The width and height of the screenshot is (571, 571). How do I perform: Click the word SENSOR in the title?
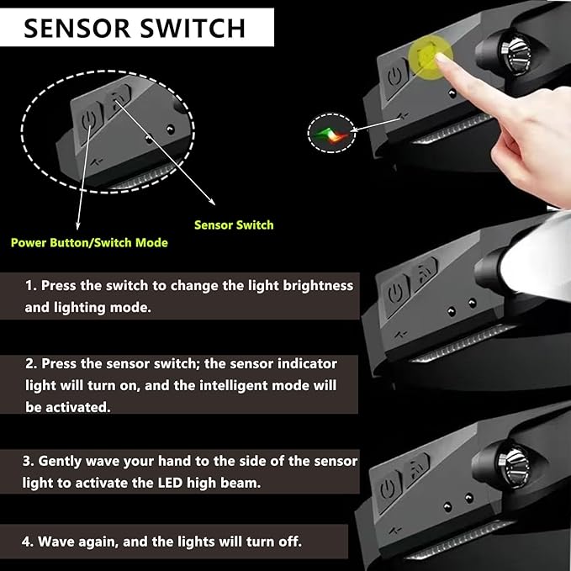pos(77,28)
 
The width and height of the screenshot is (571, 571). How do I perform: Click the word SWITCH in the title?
pos(193,28)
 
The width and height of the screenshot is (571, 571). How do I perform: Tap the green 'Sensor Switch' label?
pos(234,225)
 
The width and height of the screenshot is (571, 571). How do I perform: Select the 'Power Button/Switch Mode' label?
pos(90,243)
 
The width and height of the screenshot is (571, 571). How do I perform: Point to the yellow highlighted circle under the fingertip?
pos(430,56)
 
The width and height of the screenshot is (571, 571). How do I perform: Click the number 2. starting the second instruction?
pos(31,363)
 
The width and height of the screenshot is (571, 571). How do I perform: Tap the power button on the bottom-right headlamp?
pos(388,489)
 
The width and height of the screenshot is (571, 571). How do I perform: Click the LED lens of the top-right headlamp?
pos(514,55)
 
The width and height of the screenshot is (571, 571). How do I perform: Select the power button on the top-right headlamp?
pos(394,77)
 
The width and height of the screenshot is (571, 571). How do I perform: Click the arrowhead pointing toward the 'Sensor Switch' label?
pos(212,202)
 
